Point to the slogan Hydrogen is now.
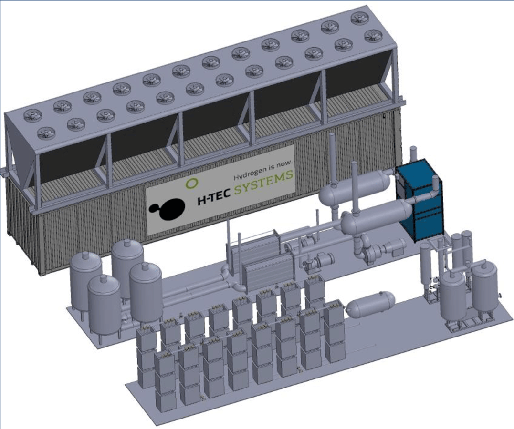263,170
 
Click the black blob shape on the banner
168,209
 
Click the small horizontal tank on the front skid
371,303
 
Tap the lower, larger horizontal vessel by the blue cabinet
377,217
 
